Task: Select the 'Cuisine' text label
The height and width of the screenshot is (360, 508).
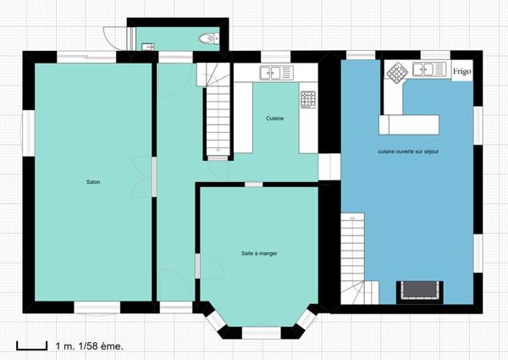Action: (274, 119)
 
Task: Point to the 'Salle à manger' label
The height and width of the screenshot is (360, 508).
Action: (259, 253)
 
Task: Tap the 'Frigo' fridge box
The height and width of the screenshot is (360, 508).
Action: (461, 71)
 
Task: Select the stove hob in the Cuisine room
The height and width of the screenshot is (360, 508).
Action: (308, 99)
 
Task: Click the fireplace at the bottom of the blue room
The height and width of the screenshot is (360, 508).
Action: (420, 289)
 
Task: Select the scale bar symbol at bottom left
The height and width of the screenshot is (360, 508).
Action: (31, 345)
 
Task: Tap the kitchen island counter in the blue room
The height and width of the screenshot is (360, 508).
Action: (410, 125)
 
